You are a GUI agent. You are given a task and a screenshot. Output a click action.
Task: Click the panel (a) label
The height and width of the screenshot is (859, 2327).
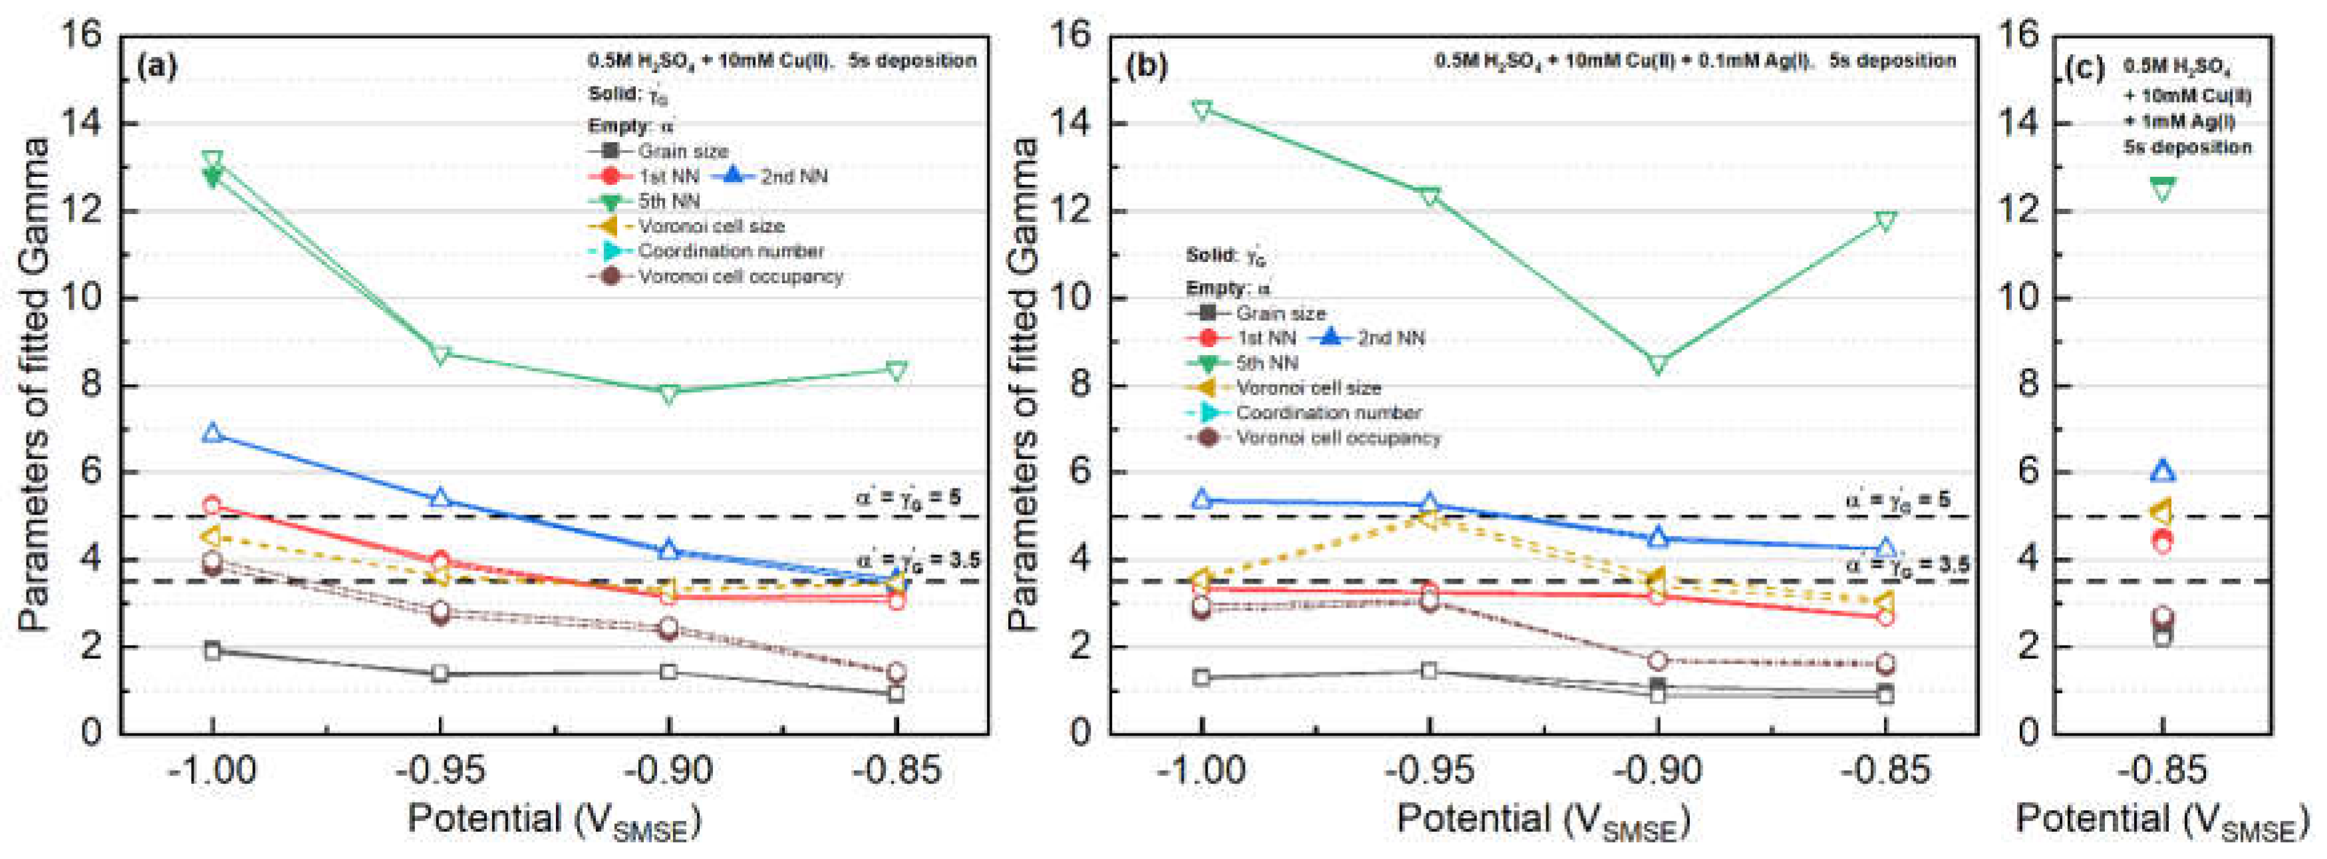(x=156, y=66)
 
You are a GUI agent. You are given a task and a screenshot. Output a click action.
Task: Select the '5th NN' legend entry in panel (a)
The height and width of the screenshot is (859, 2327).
(x=668, y=201)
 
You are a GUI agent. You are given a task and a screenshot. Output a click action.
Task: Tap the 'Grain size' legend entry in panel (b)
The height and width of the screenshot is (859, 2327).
(x=1280, y=313)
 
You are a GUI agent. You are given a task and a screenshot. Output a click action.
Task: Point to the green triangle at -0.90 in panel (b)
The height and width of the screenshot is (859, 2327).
(x=1657, y=365)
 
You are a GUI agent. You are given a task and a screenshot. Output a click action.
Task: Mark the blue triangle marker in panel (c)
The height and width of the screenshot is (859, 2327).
(x=2163, y=471)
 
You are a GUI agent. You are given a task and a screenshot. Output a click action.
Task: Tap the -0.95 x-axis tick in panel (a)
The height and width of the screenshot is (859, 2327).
(x=441, y=771)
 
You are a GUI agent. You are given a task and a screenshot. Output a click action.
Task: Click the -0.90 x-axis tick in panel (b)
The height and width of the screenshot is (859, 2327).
(x=1657, y=771)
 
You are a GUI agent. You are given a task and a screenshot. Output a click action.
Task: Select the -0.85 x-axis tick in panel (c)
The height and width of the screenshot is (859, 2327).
(x=2163, y=771)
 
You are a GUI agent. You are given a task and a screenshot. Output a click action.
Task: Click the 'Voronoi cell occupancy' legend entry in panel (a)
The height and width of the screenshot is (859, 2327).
(x=741, y=277)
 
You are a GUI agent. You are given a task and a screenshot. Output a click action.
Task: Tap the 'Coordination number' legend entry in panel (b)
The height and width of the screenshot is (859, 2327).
(x=1329, y=413)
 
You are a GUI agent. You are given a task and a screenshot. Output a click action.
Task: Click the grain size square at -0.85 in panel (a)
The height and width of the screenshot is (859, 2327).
(x=896, y=693)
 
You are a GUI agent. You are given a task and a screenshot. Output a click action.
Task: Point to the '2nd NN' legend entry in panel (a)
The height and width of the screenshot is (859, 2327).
(x=793, y=176)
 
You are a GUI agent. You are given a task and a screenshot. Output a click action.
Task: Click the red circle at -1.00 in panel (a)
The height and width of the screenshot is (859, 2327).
(x=212, y=506)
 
